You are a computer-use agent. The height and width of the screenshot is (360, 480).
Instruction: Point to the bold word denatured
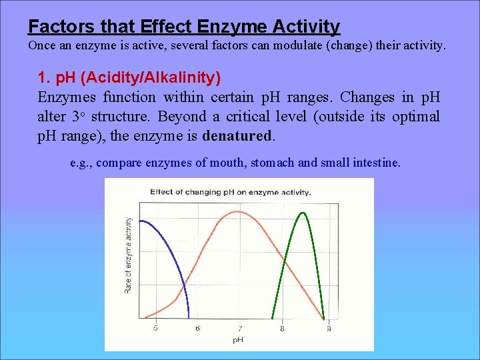click(x=237, y=135)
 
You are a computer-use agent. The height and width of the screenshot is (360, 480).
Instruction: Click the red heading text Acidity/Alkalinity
click(x=153, y=78)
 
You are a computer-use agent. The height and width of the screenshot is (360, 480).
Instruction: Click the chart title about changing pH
click(x=230, y=192)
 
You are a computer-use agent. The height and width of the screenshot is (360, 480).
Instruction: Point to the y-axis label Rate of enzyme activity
click(x=128, y=255)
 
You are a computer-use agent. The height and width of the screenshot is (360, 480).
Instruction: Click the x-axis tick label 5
click(x=156, y=328)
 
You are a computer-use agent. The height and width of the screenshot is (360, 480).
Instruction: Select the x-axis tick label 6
click(x=197, y=328)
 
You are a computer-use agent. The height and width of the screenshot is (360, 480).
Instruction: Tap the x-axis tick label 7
click(x=239, y=328)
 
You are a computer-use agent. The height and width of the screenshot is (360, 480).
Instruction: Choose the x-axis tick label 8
click(x=282, y=328)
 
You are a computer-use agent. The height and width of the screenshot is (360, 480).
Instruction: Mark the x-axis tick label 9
click(x=328, y=328)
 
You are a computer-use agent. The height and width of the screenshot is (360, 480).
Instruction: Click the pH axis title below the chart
click(x=238, y=340)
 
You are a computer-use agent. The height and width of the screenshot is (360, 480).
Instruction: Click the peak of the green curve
click(x=302, y=213)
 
